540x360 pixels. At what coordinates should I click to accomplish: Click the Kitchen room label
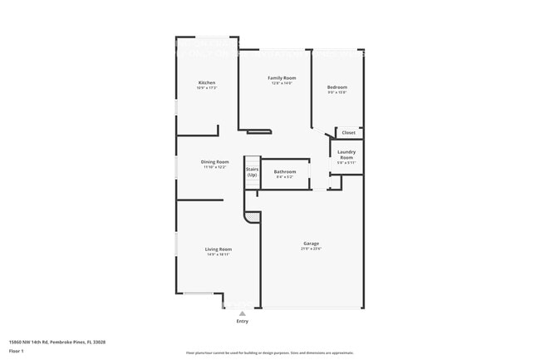click(207, 82)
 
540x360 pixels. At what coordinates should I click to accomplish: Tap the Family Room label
click(282, 77)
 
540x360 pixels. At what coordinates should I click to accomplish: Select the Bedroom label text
click(336, 87)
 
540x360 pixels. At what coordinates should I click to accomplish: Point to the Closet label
click(349, 132)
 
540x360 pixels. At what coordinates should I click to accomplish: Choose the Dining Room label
click(214, 161)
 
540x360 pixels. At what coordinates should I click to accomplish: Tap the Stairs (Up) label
click(251, 172)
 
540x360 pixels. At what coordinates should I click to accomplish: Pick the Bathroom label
click(285, 171)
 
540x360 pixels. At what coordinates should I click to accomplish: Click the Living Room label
click(218, 249)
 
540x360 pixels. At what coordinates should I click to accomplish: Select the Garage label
click(311, 244)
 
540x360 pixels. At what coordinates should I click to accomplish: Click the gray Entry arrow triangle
click(243, 313)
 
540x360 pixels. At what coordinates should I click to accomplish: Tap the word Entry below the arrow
click(243, 321)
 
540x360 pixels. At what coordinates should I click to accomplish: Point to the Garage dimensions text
click(311, 249)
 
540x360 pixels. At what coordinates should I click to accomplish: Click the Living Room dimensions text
click(218, 254)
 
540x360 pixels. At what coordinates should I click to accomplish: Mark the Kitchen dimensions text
click(207, 87)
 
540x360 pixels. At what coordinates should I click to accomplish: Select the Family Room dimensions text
click(282, 83)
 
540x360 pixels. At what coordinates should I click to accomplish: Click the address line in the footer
click(57, 341)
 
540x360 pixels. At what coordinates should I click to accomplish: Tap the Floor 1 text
click(16, 351)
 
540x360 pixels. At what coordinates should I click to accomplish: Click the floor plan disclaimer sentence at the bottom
click(269, 353)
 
